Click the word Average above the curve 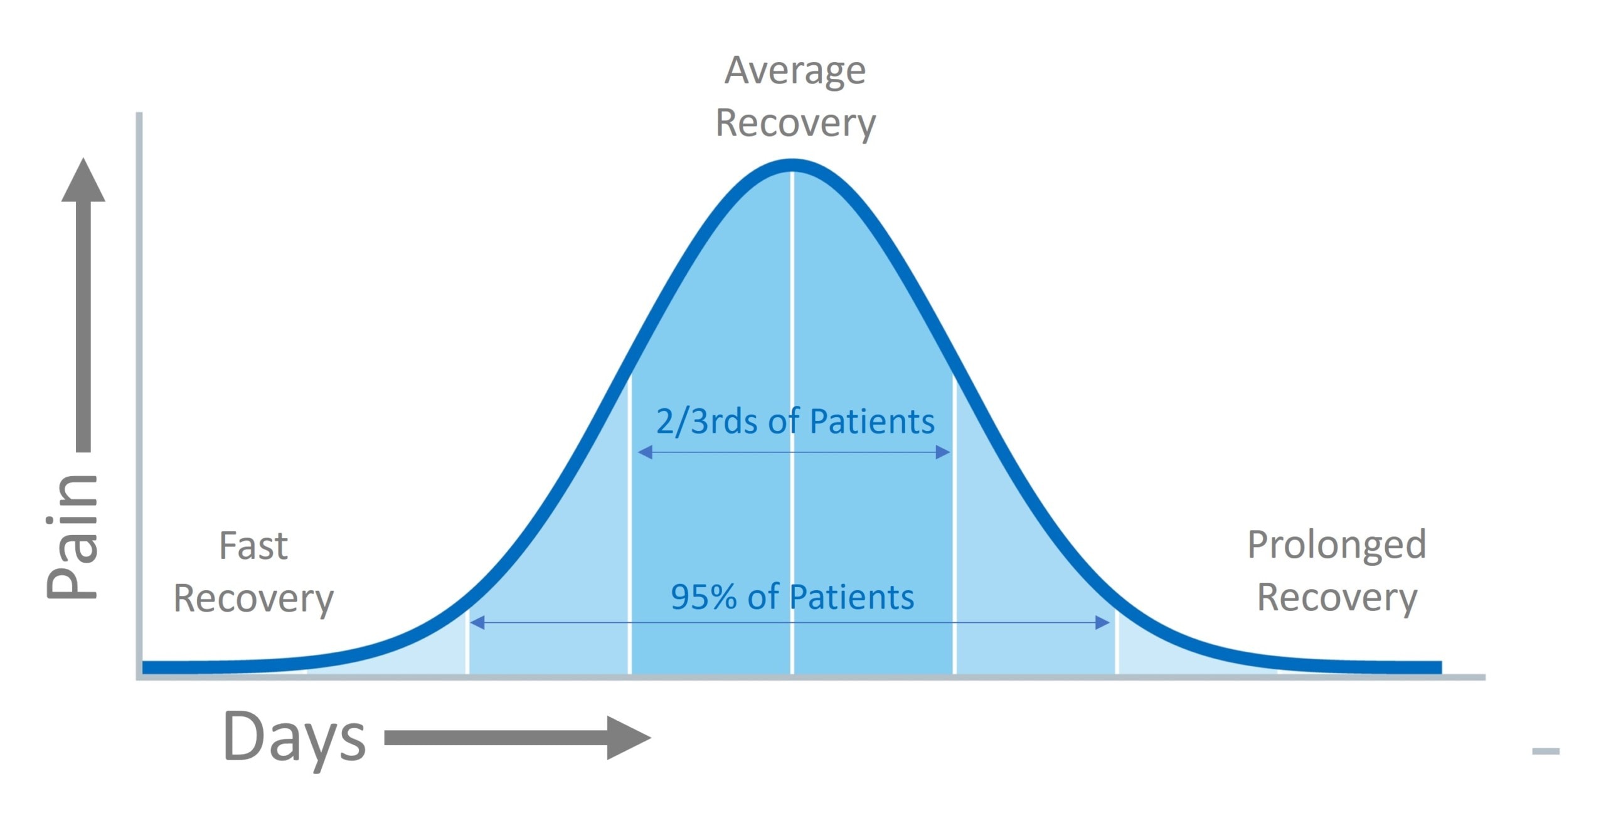pyautogui.click(x=795, y=70)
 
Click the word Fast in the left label pyautogui.click(x=253, y=546)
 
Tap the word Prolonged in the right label pyautogui.click(x=1336, y=544)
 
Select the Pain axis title pyautogui.click(x=73, y=536)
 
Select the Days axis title pyautogui.click(x=294, y=738)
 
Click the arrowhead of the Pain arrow pyautogui.click(x=83, y=182)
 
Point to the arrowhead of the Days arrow pyautogui.click(x=627, y=738)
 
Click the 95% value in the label pyautogui.click(x=703, y=597)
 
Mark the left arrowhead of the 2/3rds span pyautogui.click(x=645, y=452)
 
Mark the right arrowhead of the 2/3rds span pyautogui.click(x=943, y=452)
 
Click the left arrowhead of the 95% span pyautogui.click(x=477, y=622)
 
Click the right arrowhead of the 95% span pyautogui.click(x=1102, y=622)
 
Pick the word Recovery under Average pyautogui.click(x=795, y=123)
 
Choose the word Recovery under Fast pyautogui.click(x=253, y=598)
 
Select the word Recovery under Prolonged pyautogui.click(x=1336, y=597)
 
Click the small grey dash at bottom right pyautogui.click(x=1545, y=751)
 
